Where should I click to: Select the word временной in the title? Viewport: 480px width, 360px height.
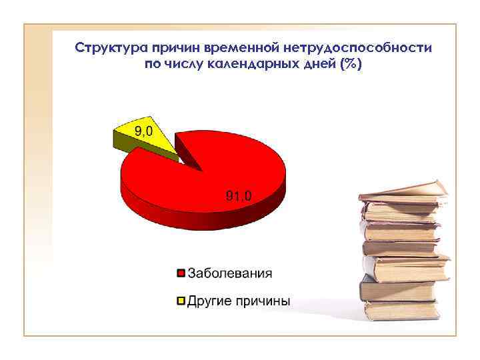[247, 49]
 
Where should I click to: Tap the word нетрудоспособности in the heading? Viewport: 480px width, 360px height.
[357, 49]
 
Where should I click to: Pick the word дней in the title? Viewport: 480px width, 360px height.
[319, 65]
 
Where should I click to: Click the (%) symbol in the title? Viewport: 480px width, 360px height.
[351, 65]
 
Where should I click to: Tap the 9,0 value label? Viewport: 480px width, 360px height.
[144, 131]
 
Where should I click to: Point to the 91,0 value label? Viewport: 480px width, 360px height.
[239, 195]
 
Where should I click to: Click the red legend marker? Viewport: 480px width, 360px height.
[180, 273]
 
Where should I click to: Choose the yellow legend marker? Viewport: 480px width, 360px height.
[180, 301]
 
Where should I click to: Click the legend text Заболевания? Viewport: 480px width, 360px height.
[229, 273]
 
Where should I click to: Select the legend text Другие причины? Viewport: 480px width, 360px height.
[238, 301]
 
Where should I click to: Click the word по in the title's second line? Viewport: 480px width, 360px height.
[153, 65]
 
